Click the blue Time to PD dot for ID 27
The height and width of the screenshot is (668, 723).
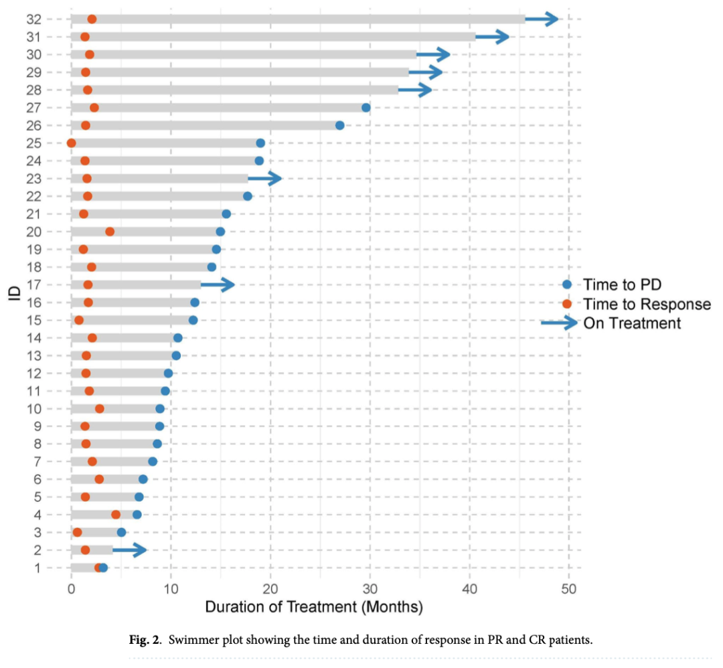[x=366, y=108]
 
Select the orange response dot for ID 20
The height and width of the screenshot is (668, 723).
[x=110, y=232]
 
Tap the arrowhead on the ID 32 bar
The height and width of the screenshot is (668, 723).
[x=552, y=19]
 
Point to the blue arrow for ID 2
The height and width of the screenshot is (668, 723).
[x=131, y=550]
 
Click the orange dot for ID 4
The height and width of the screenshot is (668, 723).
[x=116, y=515]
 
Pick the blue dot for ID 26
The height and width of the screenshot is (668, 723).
[x=339, y=125]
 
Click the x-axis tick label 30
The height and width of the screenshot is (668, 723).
[x=370, y=588]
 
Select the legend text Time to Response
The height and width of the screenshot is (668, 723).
[x=647, y=304]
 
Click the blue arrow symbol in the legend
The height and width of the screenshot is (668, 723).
[x=559, y=323]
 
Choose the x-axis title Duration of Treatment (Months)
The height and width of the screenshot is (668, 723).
[x=313, y=608]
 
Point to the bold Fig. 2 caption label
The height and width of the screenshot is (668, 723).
[x=145, y=640]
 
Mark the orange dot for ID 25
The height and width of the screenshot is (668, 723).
[x=72, y=143]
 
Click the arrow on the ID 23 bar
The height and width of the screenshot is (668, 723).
[x=266, y=178]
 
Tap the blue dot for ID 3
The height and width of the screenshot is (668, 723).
[x=121, y=532]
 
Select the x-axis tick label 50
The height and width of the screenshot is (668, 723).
[x=569, y=588]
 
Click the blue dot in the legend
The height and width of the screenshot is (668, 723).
[x=566, y=285]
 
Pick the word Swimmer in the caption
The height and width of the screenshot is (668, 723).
[x=192, y=640]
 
